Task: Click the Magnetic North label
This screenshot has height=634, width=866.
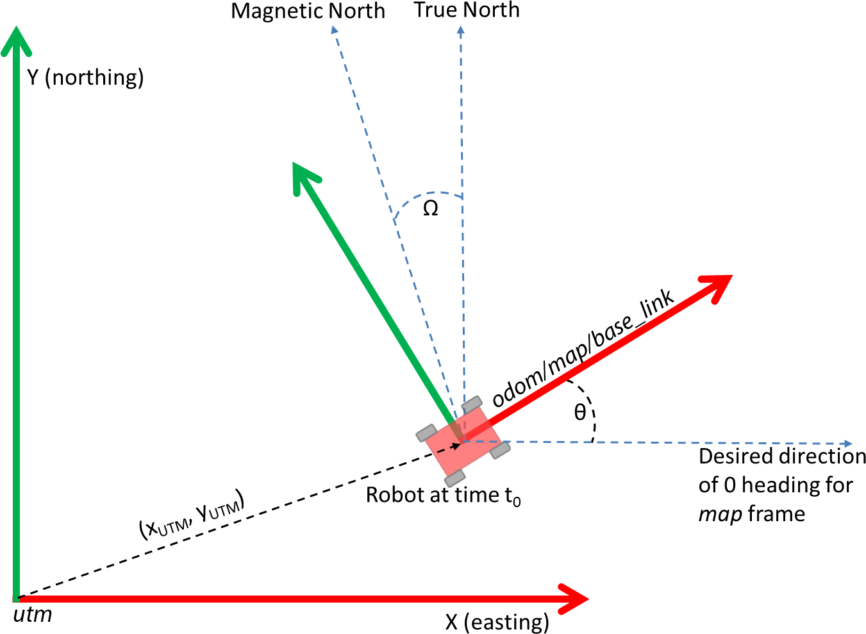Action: (308, 12)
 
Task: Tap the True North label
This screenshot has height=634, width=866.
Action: (466, 10)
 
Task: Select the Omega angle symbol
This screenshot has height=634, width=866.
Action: (431, 208)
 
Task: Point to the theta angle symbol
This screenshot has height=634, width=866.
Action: (579, 412)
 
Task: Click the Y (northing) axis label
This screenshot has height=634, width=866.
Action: (85, 78)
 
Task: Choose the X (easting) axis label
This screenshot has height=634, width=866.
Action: (497, 622)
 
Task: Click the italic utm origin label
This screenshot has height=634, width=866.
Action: (33, 615)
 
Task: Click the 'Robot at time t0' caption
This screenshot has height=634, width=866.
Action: (443, 496)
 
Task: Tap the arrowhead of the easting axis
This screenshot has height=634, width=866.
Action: (577, 599)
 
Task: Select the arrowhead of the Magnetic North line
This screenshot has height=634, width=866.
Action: (333, 29)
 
